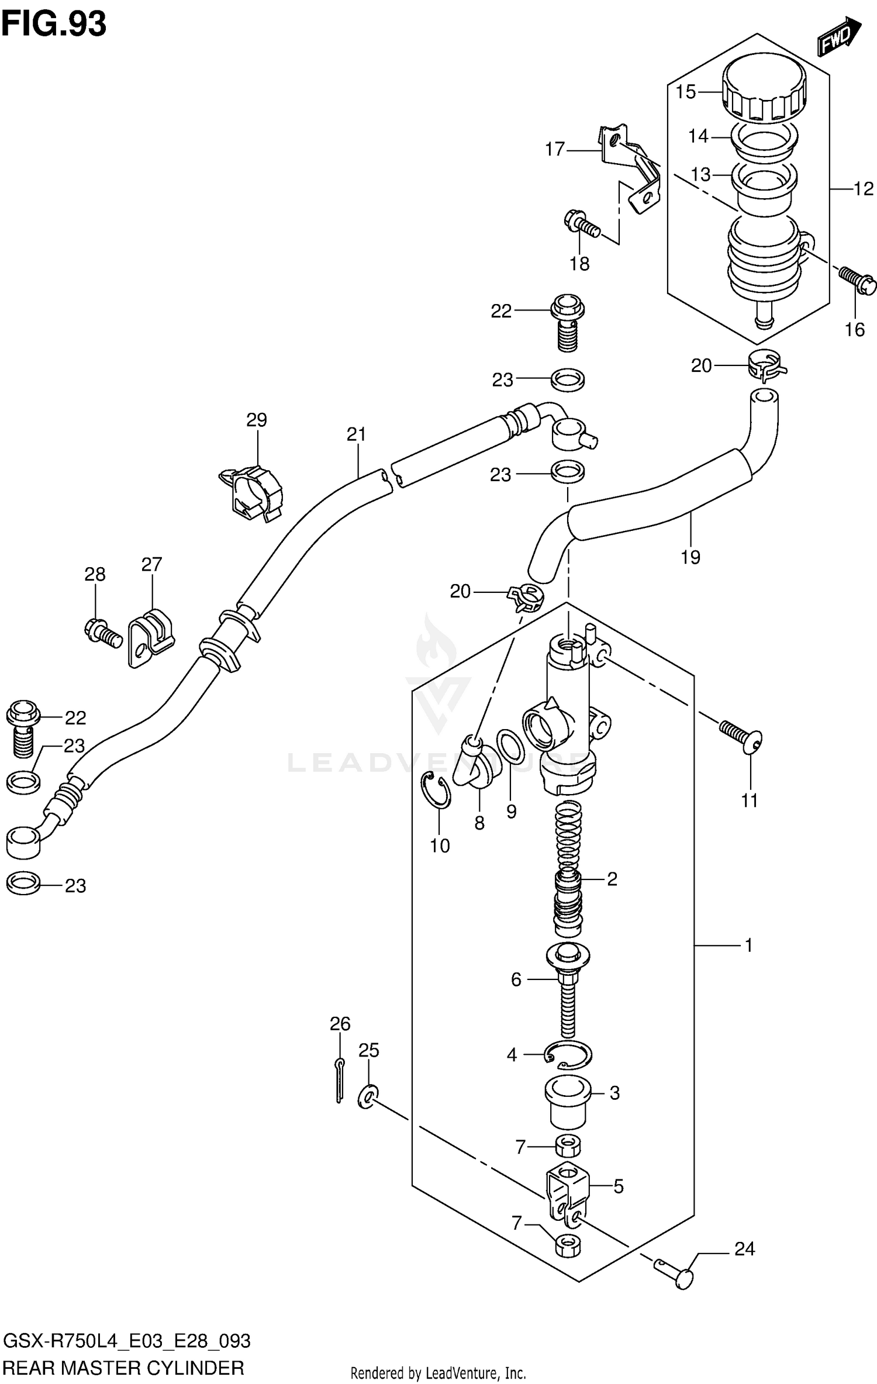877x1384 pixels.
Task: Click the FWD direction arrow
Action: click(x=838, y=37)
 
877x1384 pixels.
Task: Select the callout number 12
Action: click(x=863, y=189)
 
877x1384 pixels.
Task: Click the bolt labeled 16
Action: click(x=858, y=281)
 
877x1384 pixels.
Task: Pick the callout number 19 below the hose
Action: click(x=690, y=557)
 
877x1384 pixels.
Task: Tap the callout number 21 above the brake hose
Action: click(x=356, y=434)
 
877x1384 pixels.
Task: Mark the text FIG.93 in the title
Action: click(x=54, y=25)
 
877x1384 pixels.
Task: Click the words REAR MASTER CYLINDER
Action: click(x=123, y=1367)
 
